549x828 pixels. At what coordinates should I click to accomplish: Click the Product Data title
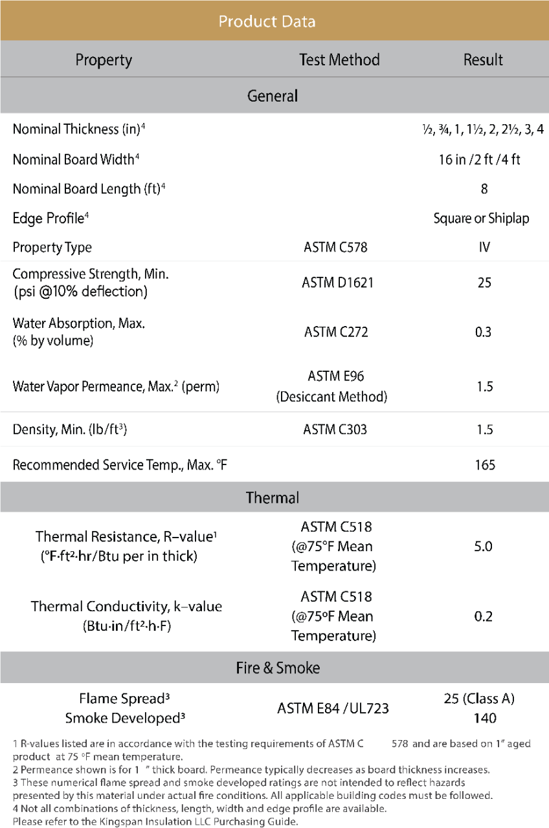pyautogui.click(x=267, y=21)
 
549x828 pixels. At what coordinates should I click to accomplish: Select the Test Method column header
pyautogui.click(x=339, y=60)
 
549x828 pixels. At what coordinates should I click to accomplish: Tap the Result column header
pyautogui.click(x=483, y=60)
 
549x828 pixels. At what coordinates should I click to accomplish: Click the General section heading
pyautogui.click(x=273, y=96)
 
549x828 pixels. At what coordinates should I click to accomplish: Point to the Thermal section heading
pyautogui.click(x=273, y=497)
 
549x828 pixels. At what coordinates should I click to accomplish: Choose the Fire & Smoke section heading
pyautogui.click(x=278, y=668)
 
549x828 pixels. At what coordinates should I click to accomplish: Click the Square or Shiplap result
pyautogui.click(x=481, y=219)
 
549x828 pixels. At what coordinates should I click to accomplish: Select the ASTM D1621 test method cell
pyautogui.click(x=339, y=283)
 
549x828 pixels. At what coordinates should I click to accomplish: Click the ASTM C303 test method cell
pyautogui.click(x=335, y=430)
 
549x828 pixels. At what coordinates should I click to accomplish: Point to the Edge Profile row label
pyautogui.click(x=50, y=219)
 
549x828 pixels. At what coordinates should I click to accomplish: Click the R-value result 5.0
pyautogui.click(x=483, y=547)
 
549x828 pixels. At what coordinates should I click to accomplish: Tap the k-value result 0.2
pyautogui.click(x=483, y=616)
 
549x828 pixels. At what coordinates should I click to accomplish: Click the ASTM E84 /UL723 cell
pyautogui.click(x=333, y=708)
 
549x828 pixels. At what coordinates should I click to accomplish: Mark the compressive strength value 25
pyautogui.click(x=484, y=283)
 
